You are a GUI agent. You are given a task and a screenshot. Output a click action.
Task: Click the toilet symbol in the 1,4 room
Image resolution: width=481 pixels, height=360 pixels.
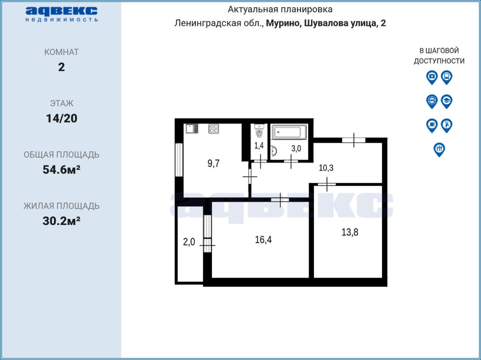click(x=259, y=131)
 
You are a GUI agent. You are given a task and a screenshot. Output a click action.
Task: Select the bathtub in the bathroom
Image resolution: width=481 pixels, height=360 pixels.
click(x=289, y=132)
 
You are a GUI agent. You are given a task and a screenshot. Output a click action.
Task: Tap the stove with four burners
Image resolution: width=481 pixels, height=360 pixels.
click(x=214, y=129)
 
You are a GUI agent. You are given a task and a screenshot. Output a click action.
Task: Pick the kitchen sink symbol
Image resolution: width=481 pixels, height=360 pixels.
click(x=192, y=129)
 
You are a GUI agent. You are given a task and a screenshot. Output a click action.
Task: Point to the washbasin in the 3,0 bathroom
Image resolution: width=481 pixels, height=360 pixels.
click(x=274, y=151)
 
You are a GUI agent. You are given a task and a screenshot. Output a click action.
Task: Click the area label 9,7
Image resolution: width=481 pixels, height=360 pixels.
click(x=214, y=163)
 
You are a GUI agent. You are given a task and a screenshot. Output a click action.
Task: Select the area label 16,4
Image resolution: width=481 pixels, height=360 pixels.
click(x=263, y=240)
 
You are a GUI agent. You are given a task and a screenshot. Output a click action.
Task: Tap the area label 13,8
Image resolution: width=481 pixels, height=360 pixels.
click(x=350, y=232)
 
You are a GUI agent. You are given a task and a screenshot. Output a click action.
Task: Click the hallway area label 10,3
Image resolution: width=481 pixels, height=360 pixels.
click(x=326, y=168)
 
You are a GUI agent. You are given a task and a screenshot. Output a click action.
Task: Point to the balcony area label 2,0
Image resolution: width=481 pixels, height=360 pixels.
click(x=189, y=242)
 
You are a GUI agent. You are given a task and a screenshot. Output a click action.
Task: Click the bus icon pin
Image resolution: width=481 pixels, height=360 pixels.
click(x=446, y=77)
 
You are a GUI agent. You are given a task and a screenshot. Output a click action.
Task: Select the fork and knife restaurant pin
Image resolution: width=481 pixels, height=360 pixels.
click(x=439, y=150)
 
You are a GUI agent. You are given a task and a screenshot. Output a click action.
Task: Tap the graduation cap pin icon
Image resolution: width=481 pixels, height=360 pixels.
click(x=446, y=102)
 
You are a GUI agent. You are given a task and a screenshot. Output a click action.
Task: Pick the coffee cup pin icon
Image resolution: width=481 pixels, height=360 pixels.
click(x=432, y=126)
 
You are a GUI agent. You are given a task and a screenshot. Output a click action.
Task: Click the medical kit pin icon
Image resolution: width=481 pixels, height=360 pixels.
click(x=432, y=77)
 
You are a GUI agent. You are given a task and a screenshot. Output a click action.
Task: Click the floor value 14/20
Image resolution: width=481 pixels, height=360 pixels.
click(x=62, y=118)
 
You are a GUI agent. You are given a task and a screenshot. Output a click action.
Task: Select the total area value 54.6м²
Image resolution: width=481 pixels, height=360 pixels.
click(x=62, y=170)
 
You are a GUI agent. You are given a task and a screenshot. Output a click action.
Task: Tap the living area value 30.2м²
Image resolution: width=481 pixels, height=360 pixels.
click(x=62, y=221)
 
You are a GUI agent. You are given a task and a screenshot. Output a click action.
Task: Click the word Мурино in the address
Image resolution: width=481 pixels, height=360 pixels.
click(x=283, y=23)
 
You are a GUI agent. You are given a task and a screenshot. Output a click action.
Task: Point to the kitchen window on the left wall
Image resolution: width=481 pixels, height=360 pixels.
click(x=179, y=160)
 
